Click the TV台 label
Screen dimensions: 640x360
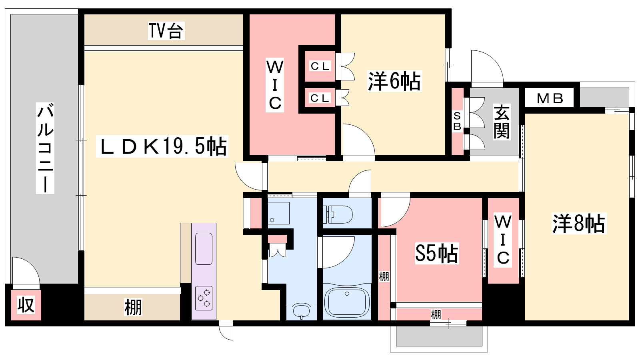click(166, 30)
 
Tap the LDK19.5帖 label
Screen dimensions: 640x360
click(162, 146)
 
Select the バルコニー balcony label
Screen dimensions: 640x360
click(45, 148)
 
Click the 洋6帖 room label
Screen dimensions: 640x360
click(394, 81)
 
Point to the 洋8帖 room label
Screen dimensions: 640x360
click(579, 224)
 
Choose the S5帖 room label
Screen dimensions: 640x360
click(437, 253)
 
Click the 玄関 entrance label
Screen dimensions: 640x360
click(502, 122)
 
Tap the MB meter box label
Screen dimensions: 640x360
click(550, 98)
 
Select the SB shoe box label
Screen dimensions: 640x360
click(457, 121)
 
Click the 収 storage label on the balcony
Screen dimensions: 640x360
click(26, 305)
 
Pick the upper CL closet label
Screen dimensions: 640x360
click(320, 66)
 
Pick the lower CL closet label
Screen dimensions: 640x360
click(320, 98)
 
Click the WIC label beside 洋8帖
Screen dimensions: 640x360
click(503, 240)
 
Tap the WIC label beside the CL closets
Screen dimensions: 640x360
click(274, 85)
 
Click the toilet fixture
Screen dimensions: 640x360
click(338, 214)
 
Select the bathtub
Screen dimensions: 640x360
click(347, 302)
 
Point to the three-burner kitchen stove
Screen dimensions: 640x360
click(204, 298)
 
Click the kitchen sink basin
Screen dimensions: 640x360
click(204, 249)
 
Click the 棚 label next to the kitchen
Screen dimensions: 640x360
click(133, 308)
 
